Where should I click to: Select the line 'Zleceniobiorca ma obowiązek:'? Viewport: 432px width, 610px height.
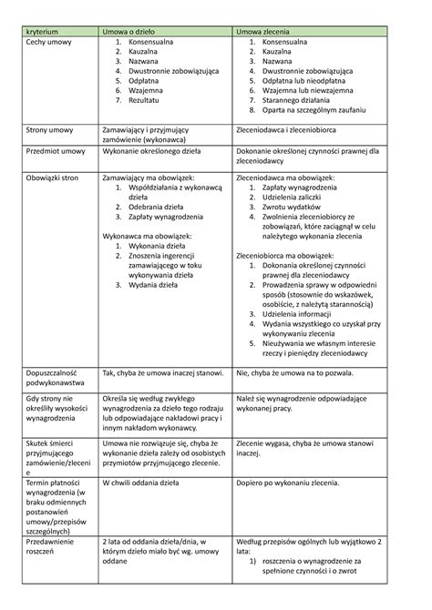pos(291,257)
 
